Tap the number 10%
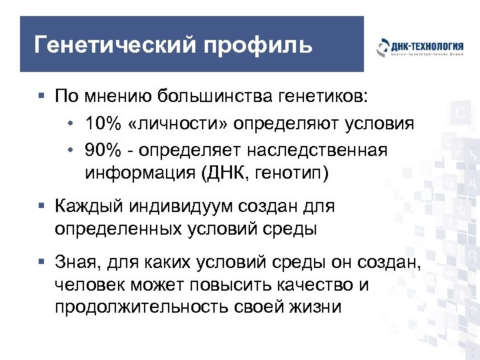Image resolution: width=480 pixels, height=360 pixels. point(103,124)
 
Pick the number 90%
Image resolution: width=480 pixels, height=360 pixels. point(103,150)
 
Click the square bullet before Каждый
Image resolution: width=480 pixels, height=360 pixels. point(42,207)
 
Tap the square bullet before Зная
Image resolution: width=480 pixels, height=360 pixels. point(42,263)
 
